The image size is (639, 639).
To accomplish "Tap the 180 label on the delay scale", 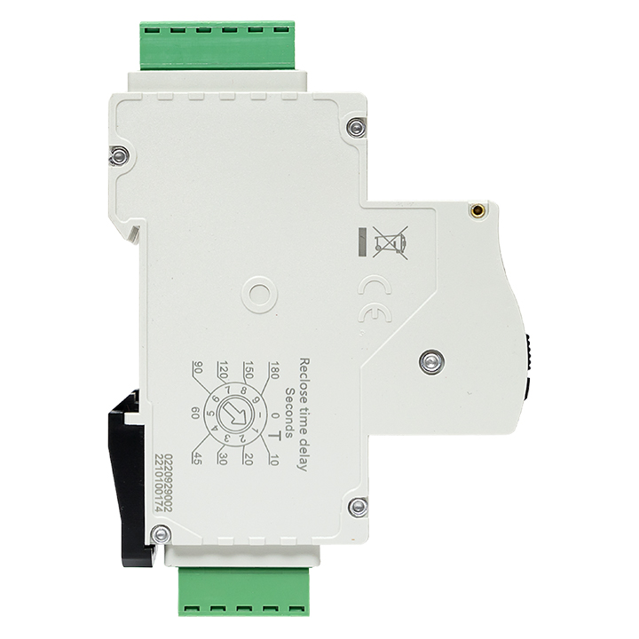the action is pos(274,370).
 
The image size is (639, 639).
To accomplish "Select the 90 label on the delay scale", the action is pos(197,368).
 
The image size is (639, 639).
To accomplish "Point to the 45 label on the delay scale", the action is pos(197,458).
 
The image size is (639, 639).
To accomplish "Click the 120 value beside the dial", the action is pos(223,370).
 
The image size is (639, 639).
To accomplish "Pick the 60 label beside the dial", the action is pos(194,413).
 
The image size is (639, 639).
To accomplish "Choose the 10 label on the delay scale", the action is pos(274,459).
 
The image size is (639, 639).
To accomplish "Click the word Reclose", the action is pos(304,377).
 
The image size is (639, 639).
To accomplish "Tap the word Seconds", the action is pos(289,413).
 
